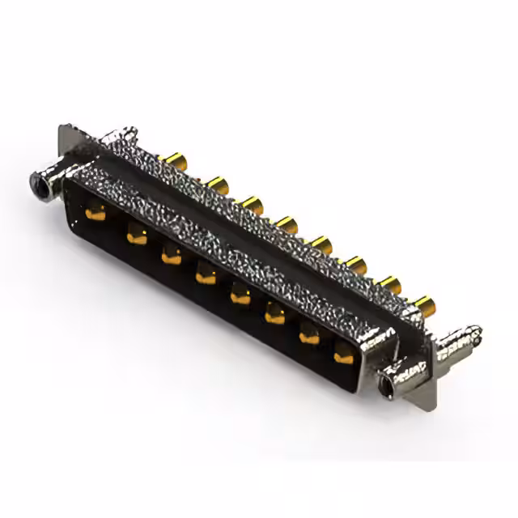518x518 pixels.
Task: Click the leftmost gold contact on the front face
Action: coord(96,214)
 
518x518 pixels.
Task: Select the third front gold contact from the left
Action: coord(170,256)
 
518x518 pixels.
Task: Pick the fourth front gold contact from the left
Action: coord(205,276)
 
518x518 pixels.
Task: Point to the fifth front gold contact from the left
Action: coord(240,295)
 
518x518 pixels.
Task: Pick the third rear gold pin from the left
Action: coord(252,203)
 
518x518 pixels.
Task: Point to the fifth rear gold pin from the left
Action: coord(321,244)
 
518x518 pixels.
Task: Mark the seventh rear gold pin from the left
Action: coord(390,284)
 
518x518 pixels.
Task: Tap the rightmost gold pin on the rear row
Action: coord(424,306)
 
